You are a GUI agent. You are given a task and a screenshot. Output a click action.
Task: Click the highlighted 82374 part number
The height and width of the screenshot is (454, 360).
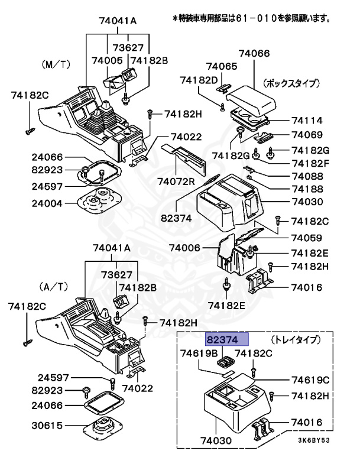pos(227,340)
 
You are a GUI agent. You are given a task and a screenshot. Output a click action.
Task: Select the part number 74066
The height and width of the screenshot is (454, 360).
pos(255,53)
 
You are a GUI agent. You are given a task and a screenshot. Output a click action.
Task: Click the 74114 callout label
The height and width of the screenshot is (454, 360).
pos(307,119)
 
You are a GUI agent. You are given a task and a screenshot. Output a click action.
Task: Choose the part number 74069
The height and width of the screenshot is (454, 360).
pos(307,135)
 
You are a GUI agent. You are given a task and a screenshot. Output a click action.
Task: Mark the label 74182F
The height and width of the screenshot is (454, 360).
pos(307,163)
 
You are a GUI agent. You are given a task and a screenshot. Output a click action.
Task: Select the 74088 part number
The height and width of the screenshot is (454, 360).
pos(307,176)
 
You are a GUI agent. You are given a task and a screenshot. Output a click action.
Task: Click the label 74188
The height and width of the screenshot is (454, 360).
pos(307,189)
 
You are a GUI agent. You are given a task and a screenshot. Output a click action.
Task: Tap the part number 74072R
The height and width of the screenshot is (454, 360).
pos(176,181)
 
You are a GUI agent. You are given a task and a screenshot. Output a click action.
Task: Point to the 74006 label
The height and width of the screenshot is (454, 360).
pos(185,247)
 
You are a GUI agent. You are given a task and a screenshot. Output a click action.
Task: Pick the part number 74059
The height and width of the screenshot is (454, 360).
pos(307,238)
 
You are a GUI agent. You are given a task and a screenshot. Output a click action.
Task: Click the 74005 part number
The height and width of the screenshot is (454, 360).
pos(107,60)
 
